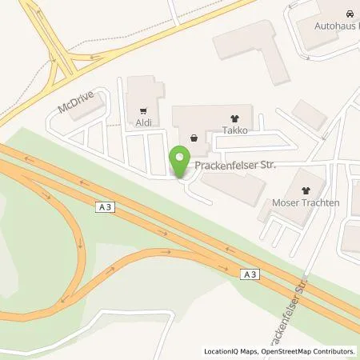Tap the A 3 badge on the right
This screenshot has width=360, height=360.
click(250, 274)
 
